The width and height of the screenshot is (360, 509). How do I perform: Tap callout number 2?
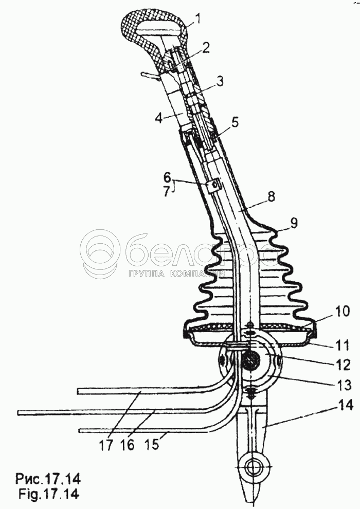(206, 48)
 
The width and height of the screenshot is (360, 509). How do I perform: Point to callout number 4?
(159, 118)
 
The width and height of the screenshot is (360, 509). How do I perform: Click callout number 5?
(235, 122)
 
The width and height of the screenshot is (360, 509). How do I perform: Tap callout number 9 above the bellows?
(294, 224)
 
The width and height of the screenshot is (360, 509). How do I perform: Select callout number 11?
(329, 343)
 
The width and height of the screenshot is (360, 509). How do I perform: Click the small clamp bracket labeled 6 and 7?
(213, 184)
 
